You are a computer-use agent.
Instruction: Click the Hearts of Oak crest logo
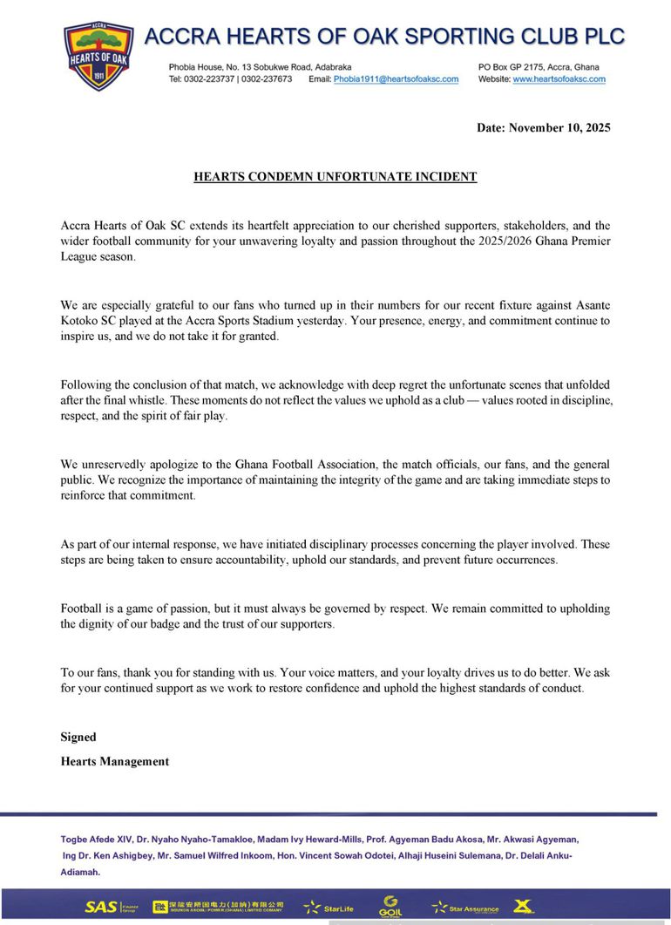(x=98, y=55)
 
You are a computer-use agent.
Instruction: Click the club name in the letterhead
(x=384, y=36)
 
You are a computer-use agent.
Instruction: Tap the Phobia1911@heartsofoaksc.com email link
(x=396, y=79)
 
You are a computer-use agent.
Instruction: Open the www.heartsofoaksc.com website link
(x=559, y=79)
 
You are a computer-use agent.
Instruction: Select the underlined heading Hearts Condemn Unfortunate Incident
(x=335, y=177)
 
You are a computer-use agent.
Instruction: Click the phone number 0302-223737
(x=207, y=79)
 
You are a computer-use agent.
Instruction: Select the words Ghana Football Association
(x=253, y=465)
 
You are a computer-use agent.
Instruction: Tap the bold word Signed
(x=78, y=738)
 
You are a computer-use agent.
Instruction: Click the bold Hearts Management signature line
(x=115, y=762)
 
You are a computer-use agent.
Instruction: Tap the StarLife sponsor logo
(x=329, y=908)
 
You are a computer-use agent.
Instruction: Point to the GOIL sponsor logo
(x=391, y=907)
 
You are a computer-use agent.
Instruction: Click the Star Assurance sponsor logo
(x=466, y=908)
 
